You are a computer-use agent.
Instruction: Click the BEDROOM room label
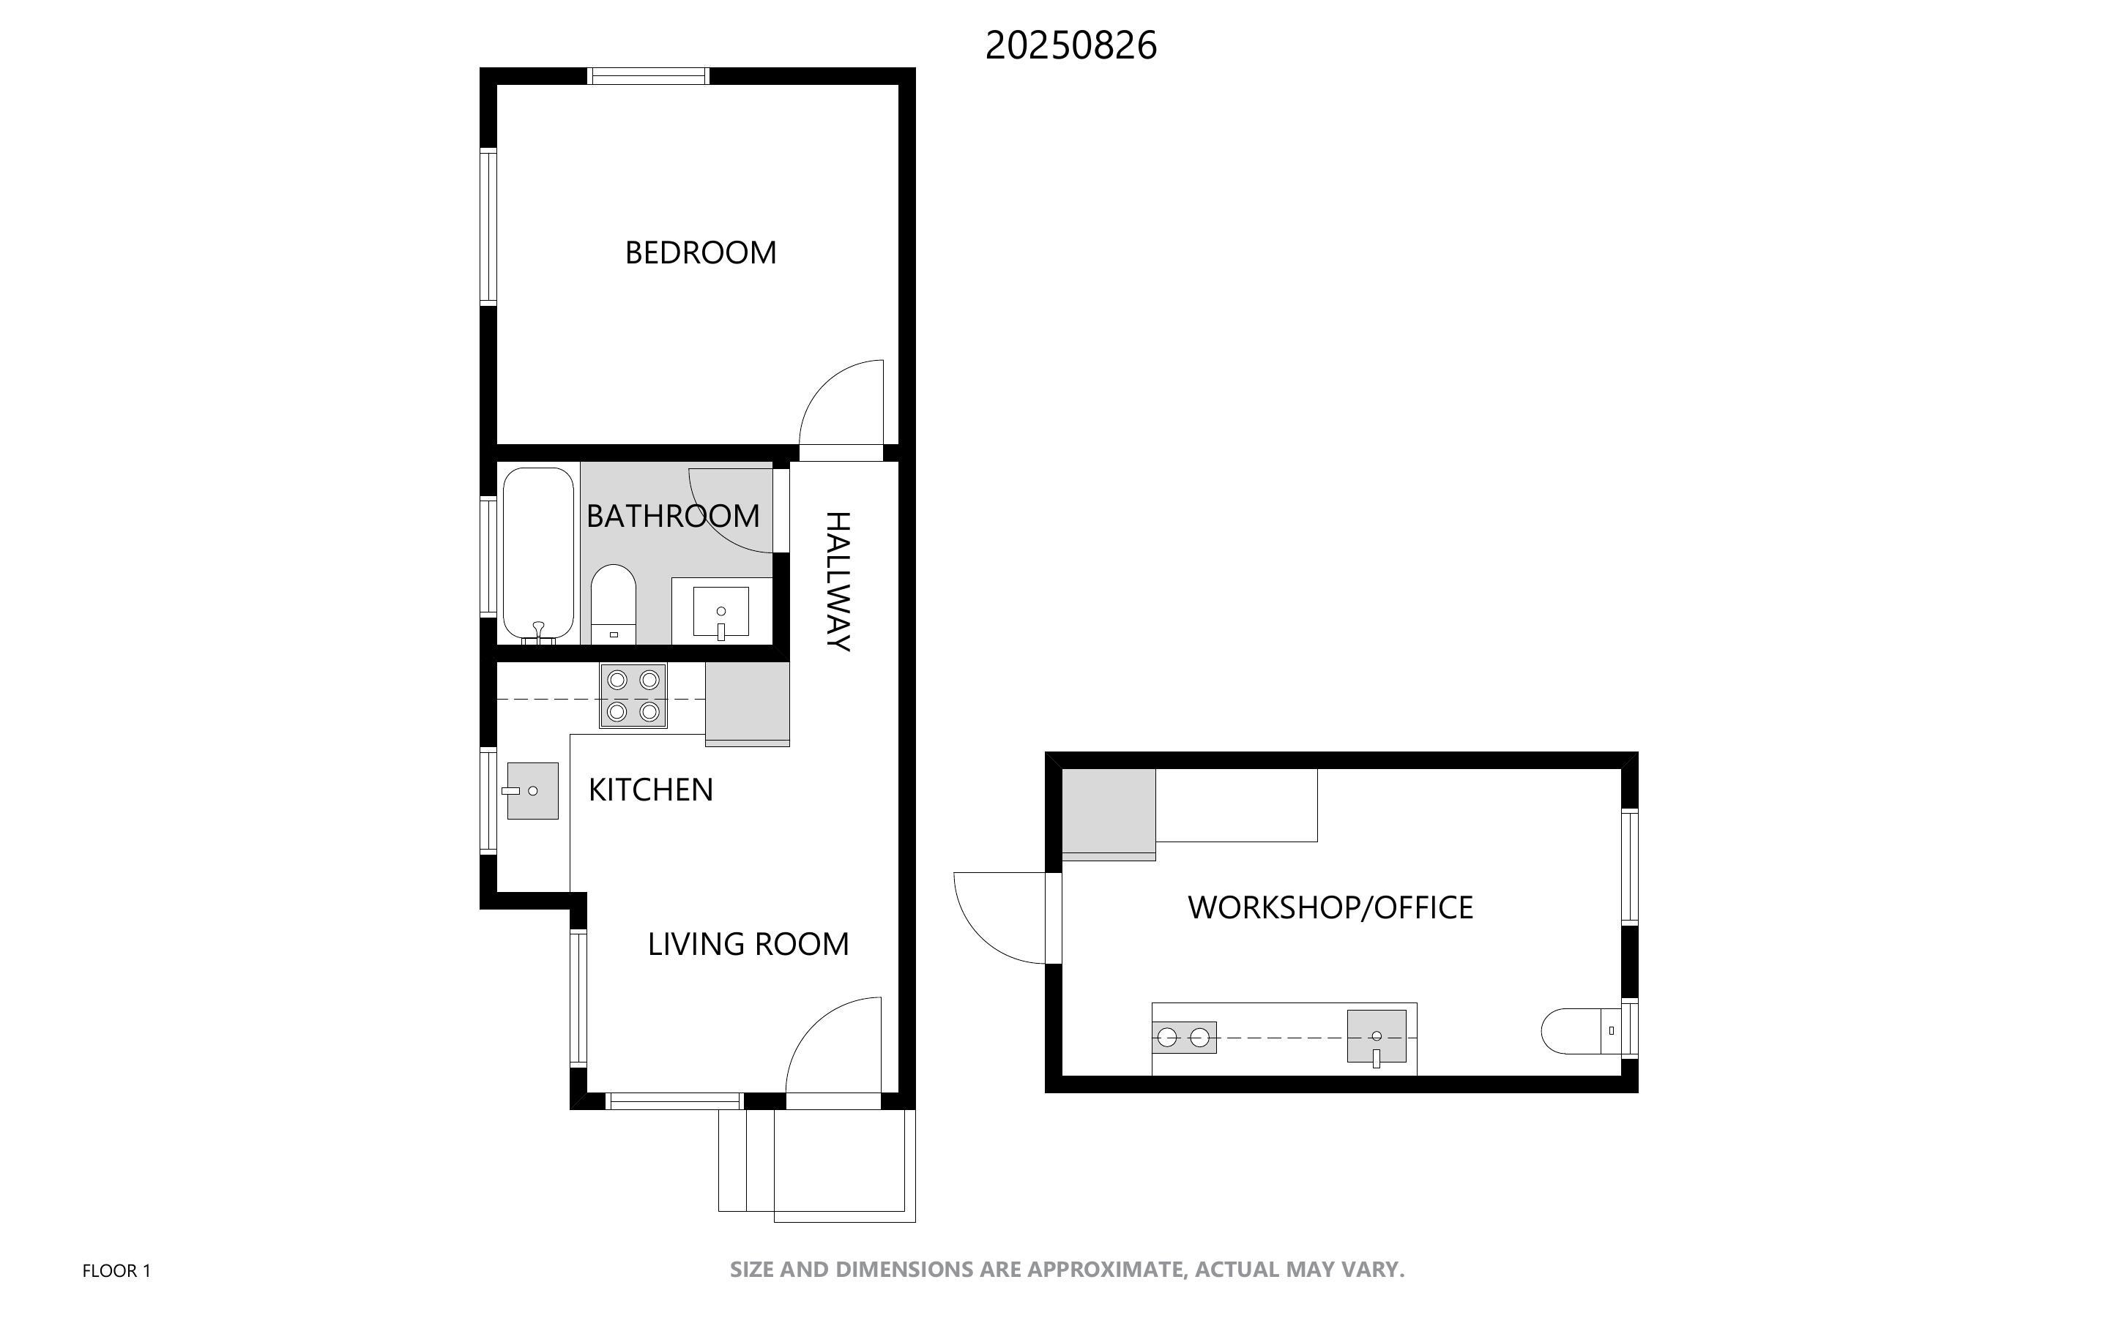(x=700, y=253)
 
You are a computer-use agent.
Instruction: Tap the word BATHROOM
(x=673, y=517)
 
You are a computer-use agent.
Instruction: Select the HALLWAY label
(x=838, y=581)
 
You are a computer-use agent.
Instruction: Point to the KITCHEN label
(x=650, y=790)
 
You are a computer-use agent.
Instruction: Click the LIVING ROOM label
(x=748, y=944)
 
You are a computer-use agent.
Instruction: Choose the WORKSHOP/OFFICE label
(x=1330, y=907)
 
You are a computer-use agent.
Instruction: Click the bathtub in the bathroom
(x=538, y=555)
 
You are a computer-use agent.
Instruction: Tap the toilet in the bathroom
(x=614, y=604)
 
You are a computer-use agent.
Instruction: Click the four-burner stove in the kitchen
(x=633, y=696)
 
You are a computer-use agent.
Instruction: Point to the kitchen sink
(x=532, y=791)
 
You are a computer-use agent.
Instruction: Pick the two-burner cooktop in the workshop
(x=1184, y=1038)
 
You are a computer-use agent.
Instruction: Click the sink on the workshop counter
(x=1377, y=1038)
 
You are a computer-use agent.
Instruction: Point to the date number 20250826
(x=1071, y=45)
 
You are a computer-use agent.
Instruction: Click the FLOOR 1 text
(x=116, y=1270)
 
